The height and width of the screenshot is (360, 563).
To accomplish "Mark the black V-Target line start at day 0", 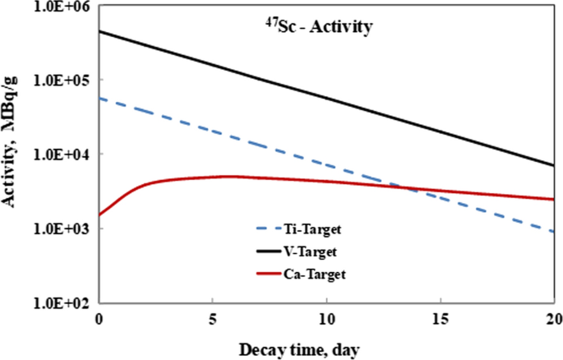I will click(99, 31).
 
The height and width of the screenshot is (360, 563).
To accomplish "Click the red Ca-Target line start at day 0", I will click(99, 215).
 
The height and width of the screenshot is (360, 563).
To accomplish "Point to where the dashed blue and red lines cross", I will click(414, 191).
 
